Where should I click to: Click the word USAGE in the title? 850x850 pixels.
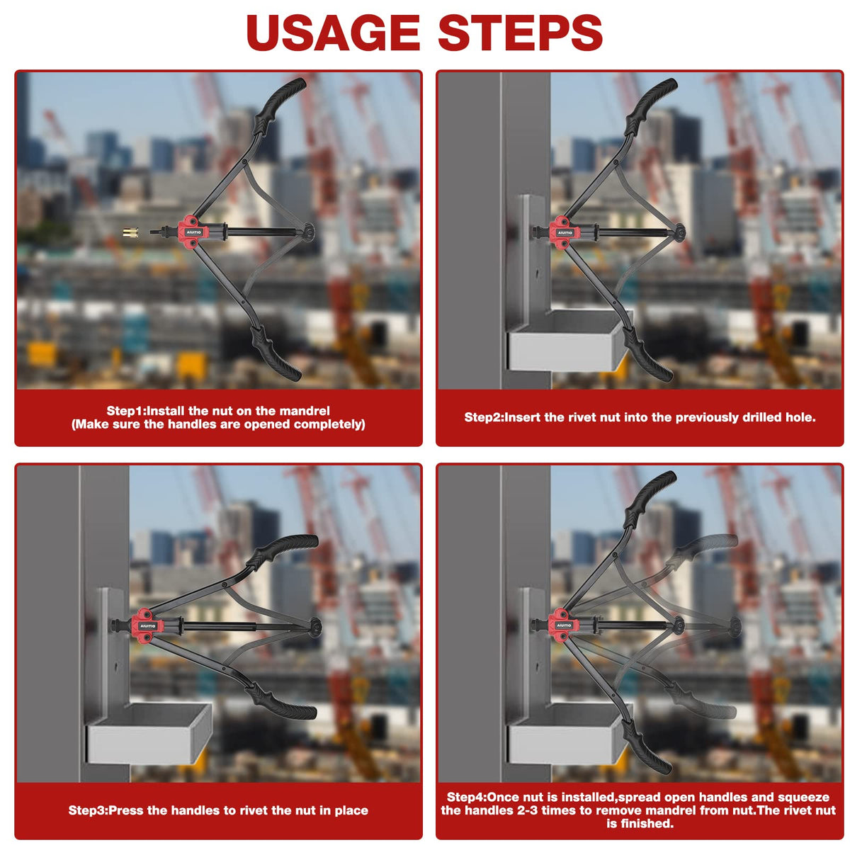(x=333, y=33)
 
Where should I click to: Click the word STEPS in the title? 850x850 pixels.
(x=520, y=33)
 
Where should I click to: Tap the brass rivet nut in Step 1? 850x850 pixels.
(x=130, y=232)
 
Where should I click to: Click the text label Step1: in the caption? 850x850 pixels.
(x=127, y=411)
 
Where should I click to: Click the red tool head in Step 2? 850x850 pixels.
(x=562, y=232)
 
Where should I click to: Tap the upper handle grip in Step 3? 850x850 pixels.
(x=283, y=551)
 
